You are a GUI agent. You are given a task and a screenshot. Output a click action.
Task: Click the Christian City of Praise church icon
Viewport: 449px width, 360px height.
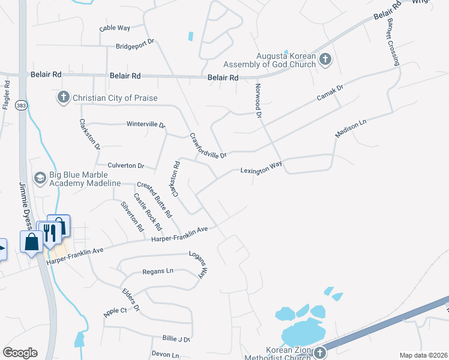point(64,97)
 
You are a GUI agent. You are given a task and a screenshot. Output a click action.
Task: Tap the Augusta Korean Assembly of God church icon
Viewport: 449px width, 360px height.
point(325,59)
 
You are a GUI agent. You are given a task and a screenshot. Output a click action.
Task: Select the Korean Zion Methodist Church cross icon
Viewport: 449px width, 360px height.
point(320,352)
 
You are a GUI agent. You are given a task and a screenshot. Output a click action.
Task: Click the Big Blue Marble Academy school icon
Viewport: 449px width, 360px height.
point(40,178)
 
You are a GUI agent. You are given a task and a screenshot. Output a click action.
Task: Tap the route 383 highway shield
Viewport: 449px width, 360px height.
point(22,105)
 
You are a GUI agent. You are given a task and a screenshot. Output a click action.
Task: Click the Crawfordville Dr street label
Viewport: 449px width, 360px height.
point(208,145)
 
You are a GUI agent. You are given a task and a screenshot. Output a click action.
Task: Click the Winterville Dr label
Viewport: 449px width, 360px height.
point(145,124)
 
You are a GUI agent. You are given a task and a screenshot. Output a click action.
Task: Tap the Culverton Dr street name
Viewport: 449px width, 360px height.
point(126,165)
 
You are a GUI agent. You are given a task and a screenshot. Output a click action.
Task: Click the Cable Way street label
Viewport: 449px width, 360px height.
point(115,28)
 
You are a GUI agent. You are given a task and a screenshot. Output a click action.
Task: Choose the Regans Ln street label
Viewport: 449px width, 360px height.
point(157,271)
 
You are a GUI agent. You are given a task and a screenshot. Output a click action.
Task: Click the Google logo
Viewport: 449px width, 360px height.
point(20,353)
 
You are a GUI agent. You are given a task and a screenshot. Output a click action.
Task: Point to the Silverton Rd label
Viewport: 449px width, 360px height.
point(132,217)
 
